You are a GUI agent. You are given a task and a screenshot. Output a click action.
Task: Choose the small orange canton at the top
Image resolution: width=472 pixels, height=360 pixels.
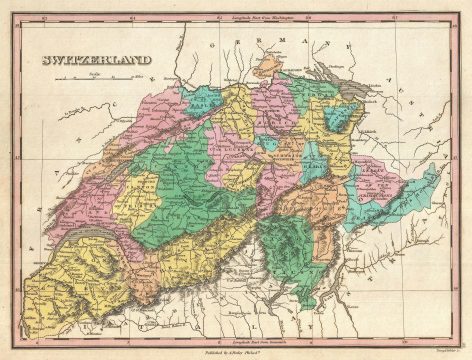(x=270, y=64)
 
